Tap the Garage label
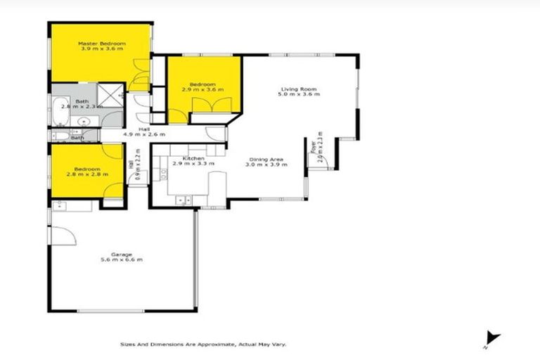(x=122, y=254)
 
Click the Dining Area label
(x=264, y=160)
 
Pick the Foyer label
(x=313, y=147)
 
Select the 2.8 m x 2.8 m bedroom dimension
(x=91, y=174)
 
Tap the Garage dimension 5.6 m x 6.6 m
(x=122, y=260)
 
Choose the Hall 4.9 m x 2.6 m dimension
(x=144, y=134)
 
